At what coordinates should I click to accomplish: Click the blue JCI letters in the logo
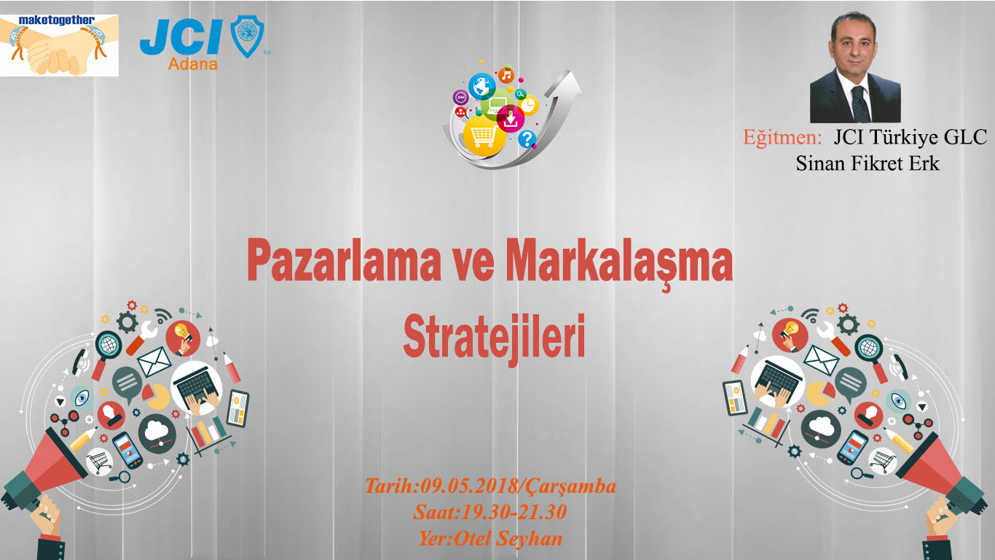(181, 39)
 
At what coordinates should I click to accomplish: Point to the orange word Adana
(193, 64)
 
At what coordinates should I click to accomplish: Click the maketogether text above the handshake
(56, 20)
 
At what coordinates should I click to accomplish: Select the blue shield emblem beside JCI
(247, 36)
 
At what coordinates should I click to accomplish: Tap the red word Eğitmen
(782, 137)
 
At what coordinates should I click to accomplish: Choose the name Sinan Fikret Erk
(867, 163)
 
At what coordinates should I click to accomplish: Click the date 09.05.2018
(469, 486)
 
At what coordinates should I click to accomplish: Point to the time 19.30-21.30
(514, 512)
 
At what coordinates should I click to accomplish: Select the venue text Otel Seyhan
(507, 539)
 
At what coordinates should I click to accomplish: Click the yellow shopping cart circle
(484, 134)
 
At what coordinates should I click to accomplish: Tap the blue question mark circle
(527, 139)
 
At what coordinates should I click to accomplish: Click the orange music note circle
(506, 76)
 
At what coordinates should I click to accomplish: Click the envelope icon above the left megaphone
(154, 361)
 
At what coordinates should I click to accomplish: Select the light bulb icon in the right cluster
(790, 334)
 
